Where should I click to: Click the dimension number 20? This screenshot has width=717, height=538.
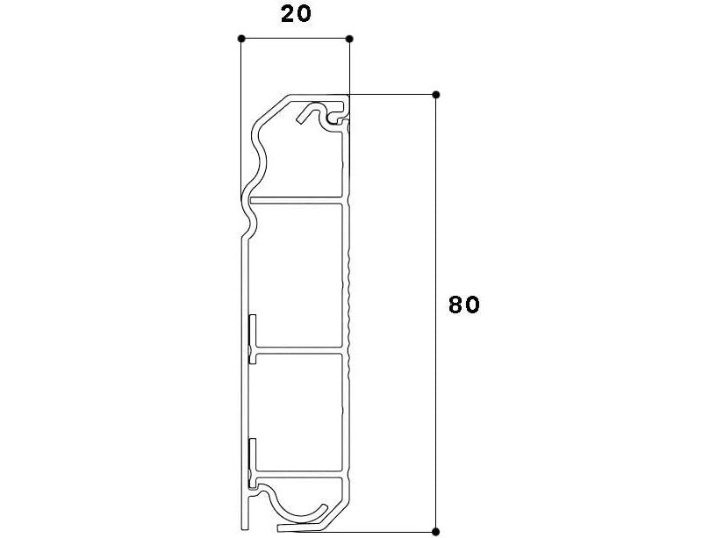tap(296, 14)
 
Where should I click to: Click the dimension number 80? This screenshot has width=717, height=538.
tap(464, 305)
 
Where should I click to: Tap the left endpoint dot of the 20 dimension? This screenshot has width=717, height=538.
tap(241, 39)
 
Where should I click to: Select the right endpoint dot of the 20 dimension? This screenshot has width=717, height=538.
tap(349, 39)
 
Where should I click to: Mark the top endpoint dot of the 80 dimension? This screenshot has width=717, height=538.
tap(436, 95)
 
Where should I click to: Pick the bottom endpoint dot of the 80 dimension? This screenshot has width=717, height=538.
tap(436, 532)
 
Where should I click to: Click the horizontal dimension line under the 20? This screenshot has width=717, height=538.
tap(296, 39)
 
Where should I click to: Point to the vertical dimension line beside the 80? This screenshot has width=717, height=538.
tap(436, 313)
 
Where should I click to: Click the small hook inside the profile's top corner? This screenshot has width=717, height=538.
tap(321, 112)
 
